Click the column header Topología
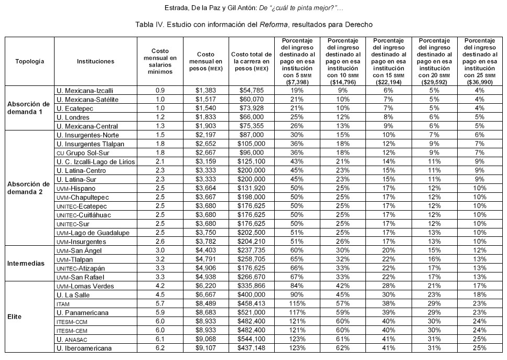(29, 61)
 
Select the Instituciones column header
(95, 61)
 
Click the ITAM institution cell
(63, 303)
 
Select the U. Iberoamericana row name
(86, 348)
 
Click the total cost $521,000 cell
(252, 312)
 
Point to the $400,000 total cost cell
(252, 294)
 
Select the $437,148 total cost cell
(252, 348)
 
